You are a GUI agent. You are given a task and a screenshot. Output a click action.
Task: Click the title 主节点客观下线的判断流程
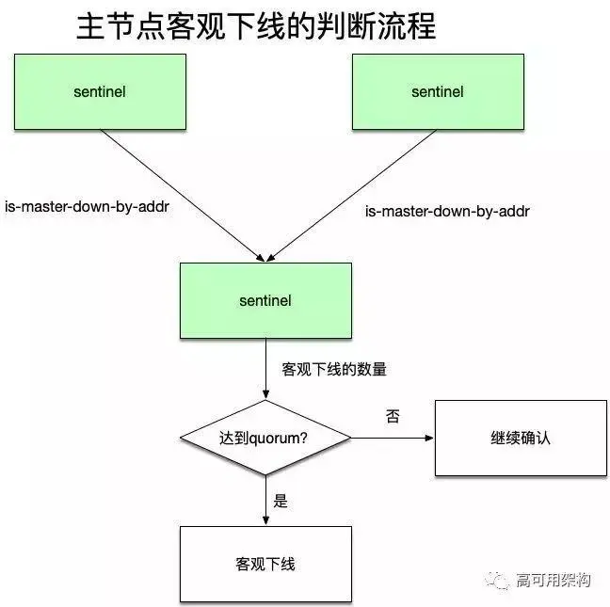click(255, 26)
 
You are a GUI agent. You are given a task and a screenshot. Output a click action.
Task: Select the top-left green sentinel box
click(100, 91)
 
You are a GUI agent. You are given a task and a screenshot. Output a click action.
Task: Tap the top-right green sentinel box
click(438, 91)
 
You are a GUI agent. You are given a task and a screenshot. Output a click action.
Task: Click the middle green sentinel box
click(265, 300)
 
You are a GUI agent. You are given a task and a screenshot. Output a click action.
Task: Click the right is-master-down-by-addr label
click(447, 211)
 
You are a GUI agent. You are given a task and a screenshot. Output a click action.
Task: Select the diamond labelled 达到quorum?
click(265, 438)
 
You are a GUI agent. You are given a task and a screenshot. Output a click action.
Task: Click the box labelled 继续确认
click(521, 438)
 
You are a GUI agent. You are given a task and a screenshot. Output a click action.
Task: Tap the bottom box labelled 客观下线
click(265, 564)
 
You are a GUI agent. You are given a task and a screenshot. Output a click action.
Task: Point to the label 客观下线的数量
click(334, 369)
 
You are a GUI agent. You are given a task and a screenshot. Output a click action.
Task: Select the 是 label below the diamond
click(281, 501)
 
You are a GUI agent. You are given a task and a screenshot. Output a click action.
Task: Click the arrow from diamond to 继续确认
click(392, 438)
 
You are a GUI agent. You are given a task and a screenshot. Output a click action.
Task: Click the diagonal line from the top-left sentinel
click(179, 193)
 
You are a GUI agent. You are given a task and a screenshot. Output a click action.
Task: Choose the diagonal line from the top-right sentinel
click(353, 193)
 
